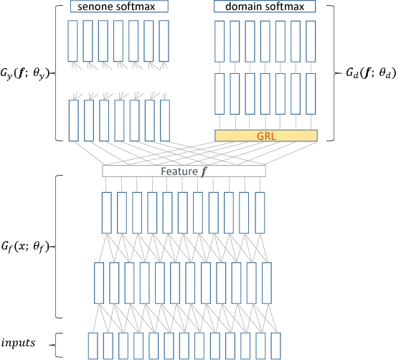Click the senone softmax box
coord(119,7)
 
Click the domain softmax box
coord(264,7)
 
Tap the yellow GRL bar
coord(265,135)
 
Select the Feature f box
coord(184,171)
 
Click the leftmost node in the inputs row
coord(93,346)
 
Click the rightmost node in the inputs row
coord(275,346)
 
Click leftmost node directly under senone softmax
coord(73,41)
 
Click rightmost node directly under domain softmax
coord(311,41)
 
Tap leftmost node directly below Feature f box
coord(107,212)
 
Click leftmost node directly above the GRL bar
coord(220,93)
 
